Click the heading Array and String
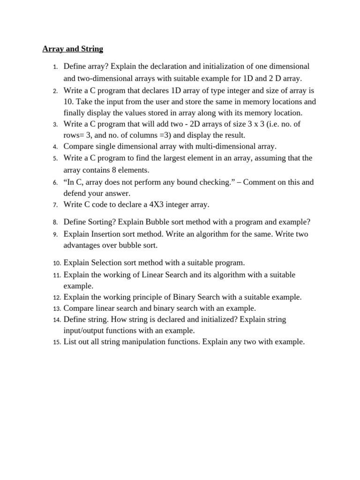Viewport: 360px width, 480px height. [73, 49]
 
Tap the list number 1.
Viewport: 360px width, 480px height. [55, 67]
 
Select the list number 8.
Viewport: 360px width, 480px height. [55, 223]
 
